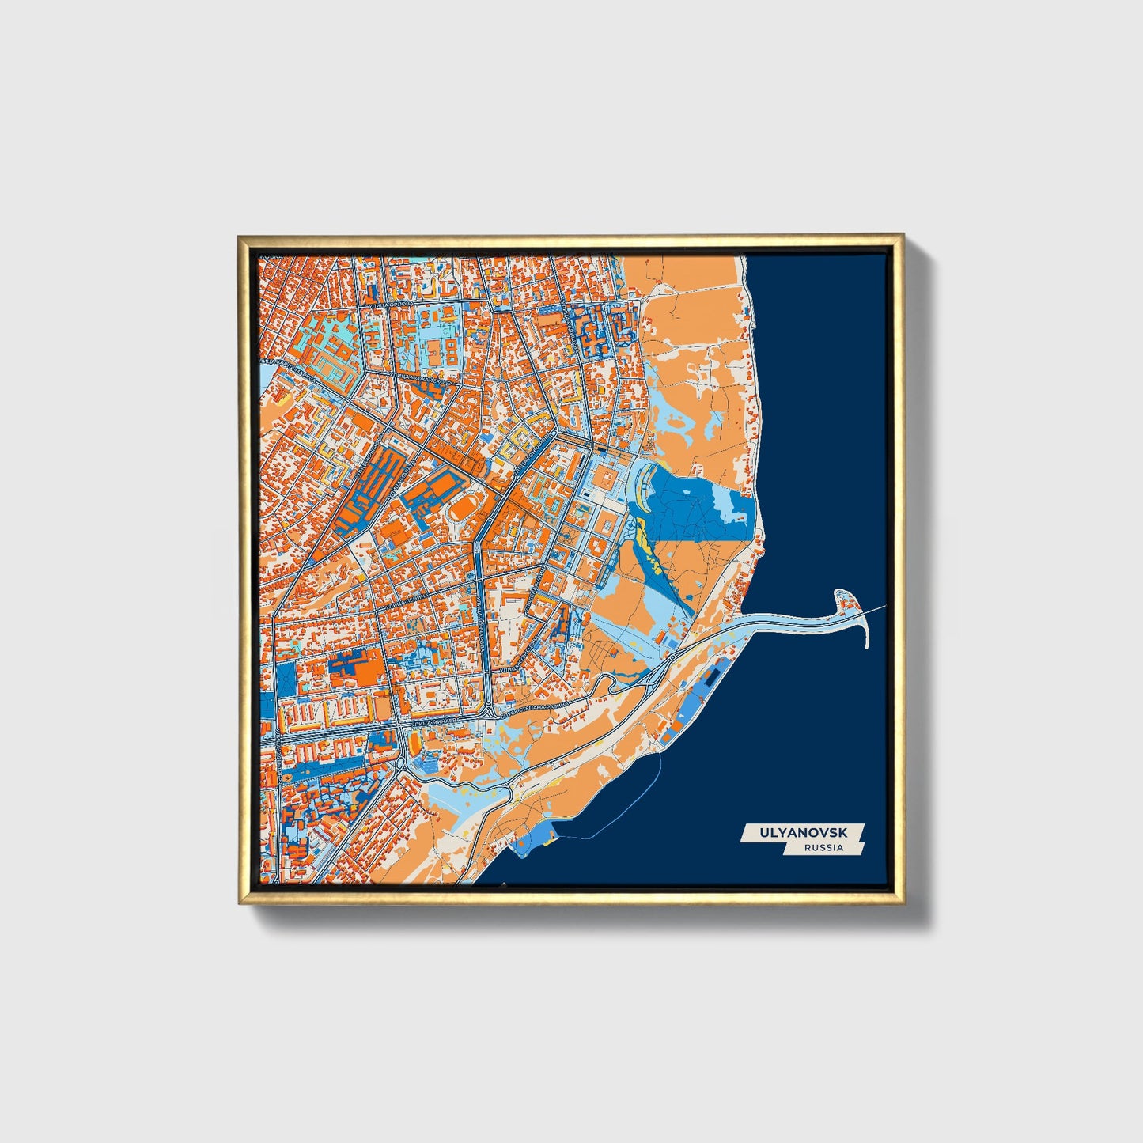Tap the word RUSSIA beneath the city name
(x=823, y=848)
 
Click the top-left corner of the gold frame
(x=240, y=237)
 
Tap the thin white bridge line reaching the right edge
(x=874, y=609)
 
